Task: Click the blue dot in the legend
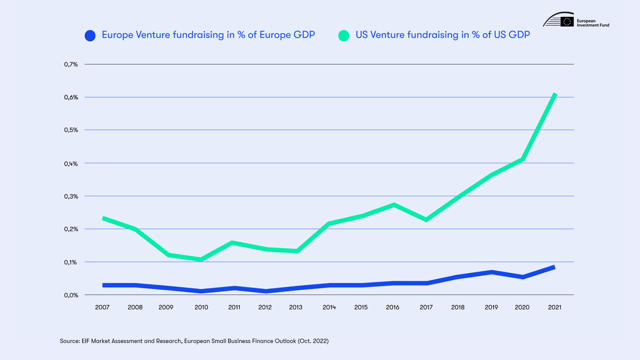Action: [x=90, y=36]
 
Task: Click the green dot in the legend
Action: [x=344, y=36]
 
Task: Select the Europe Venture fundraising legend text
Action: [x=208, y=35]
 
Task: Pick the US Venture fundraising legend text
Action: [x=442, y=35]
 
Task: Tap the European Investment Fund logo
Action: [x=576, y=20]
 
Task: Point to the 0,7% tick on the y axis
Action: [x=71, y=64]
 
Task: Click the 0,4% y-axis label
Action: [x=71, y=164]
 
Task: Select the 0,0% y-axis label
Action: [x=71, y=295]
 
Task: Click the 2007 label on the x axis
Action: [x=102, y=307]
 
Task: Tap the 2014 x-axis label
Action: [x=329, y=307]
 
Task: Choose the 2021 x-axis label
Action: [x=555, y=307]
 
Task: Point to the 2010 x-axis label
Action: [x=201, y=307]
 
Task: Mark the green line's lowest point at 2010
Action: [x=201, y=259]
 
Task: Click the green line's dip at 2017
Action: [x=426, y=220]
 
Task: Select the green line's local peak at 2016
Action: [x=394, y=205]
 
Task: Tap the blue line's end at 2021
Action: [x=554, y=267]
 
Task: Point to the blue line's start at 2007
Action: [x=103, y=285]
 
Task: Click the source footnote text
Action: [x=194, y=341]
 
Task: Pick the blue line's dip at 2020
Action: [x=523, y=277]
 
